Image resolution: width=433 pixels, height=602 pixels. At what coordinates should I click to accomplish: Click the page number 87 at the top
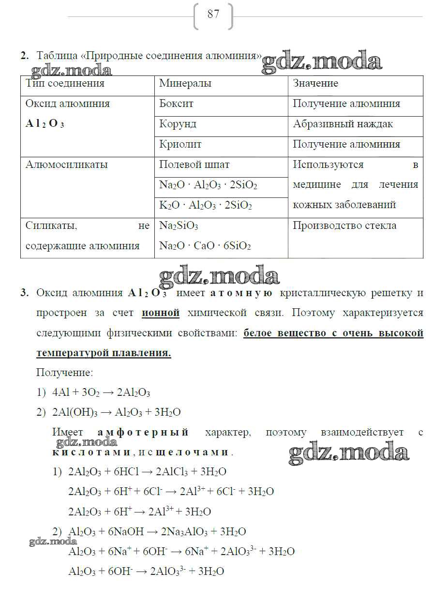click(213, 15)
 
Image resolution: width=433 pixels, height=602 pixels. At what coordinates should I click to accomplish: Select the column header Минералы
click(185, 84)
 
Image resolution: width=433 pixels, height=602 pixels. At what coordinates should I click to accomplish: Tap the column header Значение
click(315, 84)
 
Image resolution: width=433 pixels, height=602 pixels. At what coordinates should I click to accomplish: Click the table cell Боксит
click(176, 104)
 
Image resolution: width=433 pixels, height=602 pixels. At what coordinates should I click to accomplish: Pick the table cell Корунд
click(178, 124)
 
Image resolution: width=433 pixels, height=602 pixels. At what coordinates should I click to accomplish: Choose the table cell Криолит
click(180, 145)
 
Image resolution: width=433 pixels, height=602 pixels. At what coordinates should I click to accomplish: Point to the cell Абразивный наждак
click(343, 124)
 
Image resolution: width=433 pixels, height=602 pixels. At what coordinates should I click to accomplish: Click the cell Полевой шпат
click(194, 165)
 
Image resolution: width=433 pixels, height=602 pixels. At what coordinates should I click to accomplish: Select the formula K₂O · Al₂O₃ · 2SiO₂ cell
click(206, 206)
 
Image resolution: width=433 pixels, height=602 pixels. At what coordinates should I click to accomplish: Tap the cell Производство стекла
click(344, 226)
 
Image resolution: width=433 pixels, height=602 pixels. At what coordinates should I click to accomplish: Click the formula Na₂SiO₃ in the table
click(179, 226)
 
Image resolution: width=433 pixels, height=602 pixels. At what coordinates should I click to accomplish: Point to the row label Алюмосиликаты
click(67, 165)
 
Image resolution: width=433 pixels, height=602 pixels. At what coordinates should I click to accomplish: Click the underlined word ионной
click(161, 313)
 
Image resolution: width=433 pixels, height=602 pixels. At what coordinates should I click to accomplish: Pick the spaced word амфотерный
click(143, 433)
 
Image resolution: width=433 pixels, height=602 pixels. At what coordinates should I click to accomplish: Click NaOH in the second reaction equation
click(131, 532)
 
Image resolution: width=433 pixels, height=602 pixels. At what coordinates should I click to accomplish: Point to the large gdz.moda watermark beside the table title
click(322, 62)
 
